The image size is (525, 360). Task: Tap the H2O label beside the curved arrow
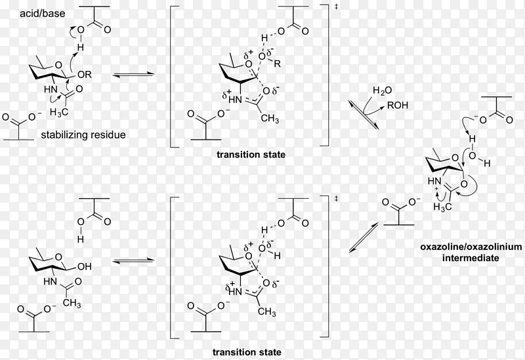pyautogui.click(x=381, y=90)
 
